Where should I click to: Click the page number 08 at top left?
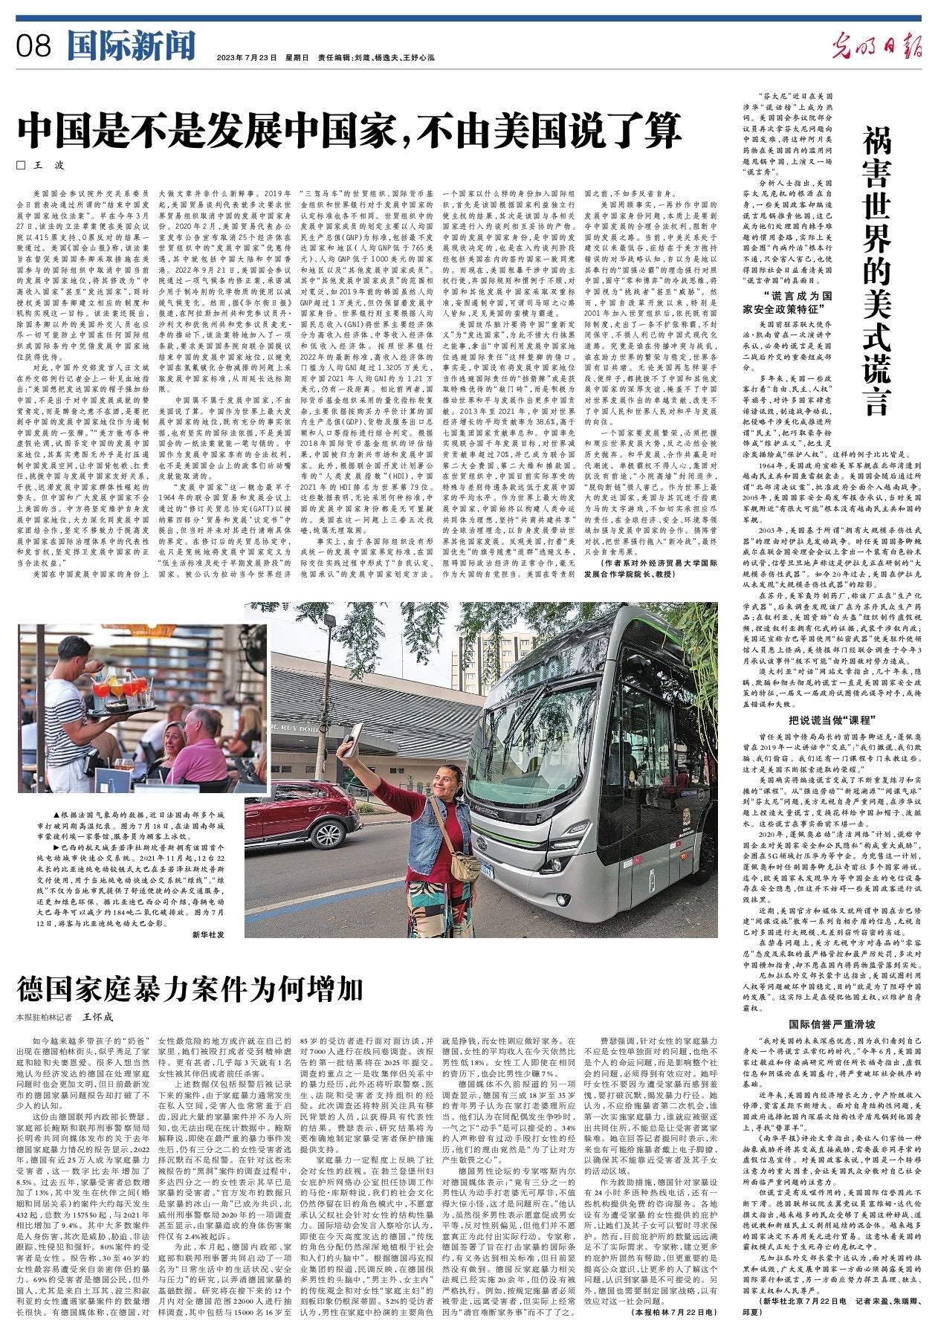[33, 46]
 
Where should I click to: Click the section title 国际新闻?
[130, 45]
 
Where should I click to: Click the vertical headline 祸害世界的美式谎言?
[876, 271]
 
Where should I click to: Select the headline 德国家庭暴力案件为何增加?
[191, 990]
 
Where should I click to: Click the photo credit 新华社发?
[208, 934]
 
